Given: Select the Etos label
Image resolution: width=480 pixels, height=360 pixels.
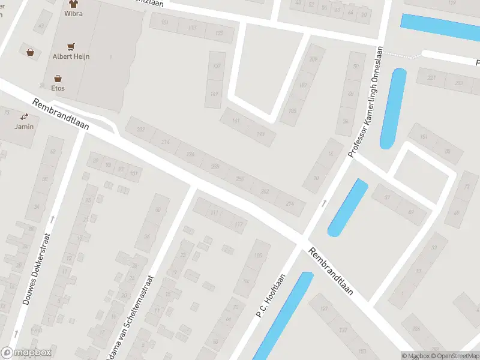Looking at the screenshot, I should [58, 88].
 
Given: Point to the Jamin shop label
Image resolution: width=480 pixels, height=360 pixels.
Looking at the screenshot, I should [24, 126].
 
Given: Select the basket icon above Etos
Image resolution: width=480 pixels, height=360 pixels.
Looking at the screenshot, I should [58, 78].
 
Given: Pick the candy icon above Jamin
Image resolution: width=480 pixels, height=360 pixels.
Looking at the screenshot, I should [25, 116].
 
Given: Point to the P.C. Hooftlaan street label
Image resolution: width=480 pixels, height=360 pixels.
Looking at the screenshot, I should [270, 296].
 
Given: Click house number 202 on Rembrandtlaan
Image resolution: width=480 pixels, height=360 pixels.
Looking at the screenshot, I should [141, 130].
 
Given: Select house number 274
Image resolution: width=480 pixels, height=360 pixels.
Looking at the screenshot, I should [290, 204].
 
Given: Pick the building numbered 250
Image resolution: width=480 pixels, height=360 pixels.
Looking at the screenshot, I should [241, 179].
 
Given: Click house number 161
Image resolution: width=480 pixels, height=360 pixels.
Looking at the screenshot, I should [235, 121].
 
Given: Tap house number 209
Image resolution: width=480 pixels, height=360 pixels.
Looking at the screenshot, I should [313, 59].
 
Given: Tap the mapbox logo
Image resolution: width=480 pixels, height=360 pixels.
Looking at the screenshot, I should [26, 353].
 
